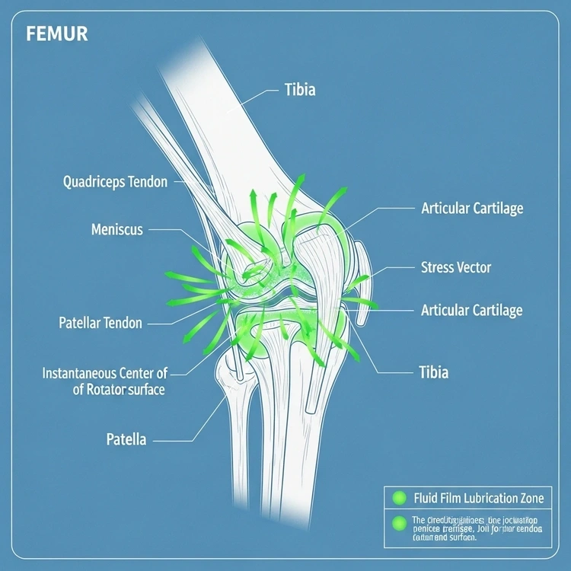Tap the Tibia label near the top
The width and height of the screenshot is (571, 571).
coord(299,91)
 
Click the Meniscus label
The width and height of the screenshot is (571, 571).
coord(116,229)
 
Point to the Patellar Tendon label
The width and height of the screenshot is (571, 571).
coord(100,323)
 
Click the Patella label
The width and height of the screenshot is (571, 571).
coord(126,440)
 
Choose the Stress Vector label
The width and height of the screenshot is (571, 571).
coord(455,267)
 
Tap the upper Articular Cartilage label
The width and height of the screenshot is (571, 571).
coord(471,208)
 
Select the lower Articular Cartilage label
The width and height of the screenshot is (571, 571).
coord(471,310)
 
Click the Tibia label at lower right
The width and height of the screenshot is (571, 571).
coord(433,372)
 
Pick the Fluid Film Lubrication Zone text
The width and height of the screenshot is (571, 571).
coord(478,499)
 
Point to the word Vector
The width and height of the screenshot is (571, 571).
coord(473,267)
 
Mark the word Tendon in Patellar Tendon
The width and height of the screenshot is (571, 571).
coord(123,323)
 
